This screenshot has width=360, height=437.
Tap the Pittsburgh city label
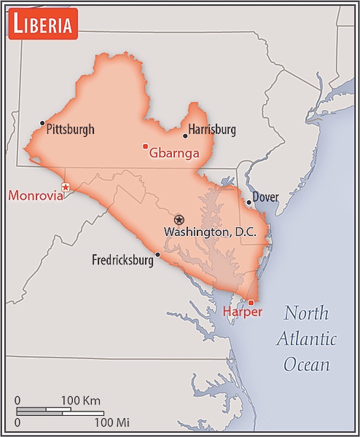click(x=70, y=130)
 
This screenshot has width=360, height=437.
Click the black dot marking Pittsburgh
click(x=42, y=123)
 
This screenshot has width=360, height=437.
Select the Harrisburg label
click(x=212, y=130)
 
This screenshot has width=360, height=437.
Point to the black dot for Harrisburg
click(x=185, y=135)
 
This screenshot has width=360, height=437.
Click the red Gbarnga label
click(x=174, y=153)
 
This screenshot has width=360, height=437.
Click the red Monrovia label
click(x=36, y=195)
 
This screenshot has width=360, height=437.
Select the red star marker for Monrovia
click(x=66, y=187)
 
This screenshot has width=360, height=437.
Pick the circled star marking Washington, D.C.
click(x=179, y=219)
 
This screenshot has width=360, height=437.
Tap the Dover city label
click(x=266, y=197)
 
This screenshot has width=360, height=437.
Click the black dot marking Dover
click(x=249, y=202)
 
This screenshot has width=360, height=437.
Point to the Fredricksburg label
click(x=123, y=260)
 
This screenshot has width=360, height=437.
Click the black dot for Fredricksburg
click(x=158, y=254)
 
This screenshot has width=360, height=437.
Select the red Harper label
click(x=243, y=312)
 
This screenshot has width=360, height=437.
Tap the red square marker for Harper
click(x=251, y=302)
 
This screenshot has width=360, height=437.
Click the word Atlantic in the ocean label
click(x=306, y=339)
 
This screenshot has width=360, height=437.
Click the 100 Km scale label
click(x=80, y=401)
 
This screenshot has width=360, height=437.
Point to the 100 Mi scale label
click(x=111, y=422)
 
